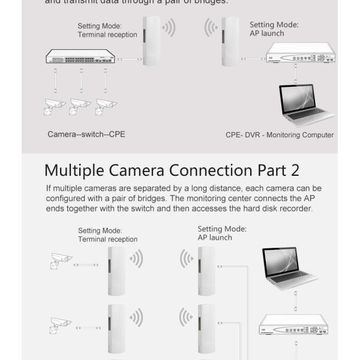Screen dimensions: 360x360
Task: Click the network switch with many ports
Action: (x=81, y=58)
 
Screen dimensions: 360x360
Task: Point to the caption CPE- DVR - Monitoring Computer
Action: (x=280, y=135)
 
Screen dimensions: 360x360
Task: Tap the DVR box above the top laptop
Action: (x=301, y=56)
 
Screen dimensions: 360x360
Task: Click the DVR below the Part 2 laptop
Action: (x=293, y=329)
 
